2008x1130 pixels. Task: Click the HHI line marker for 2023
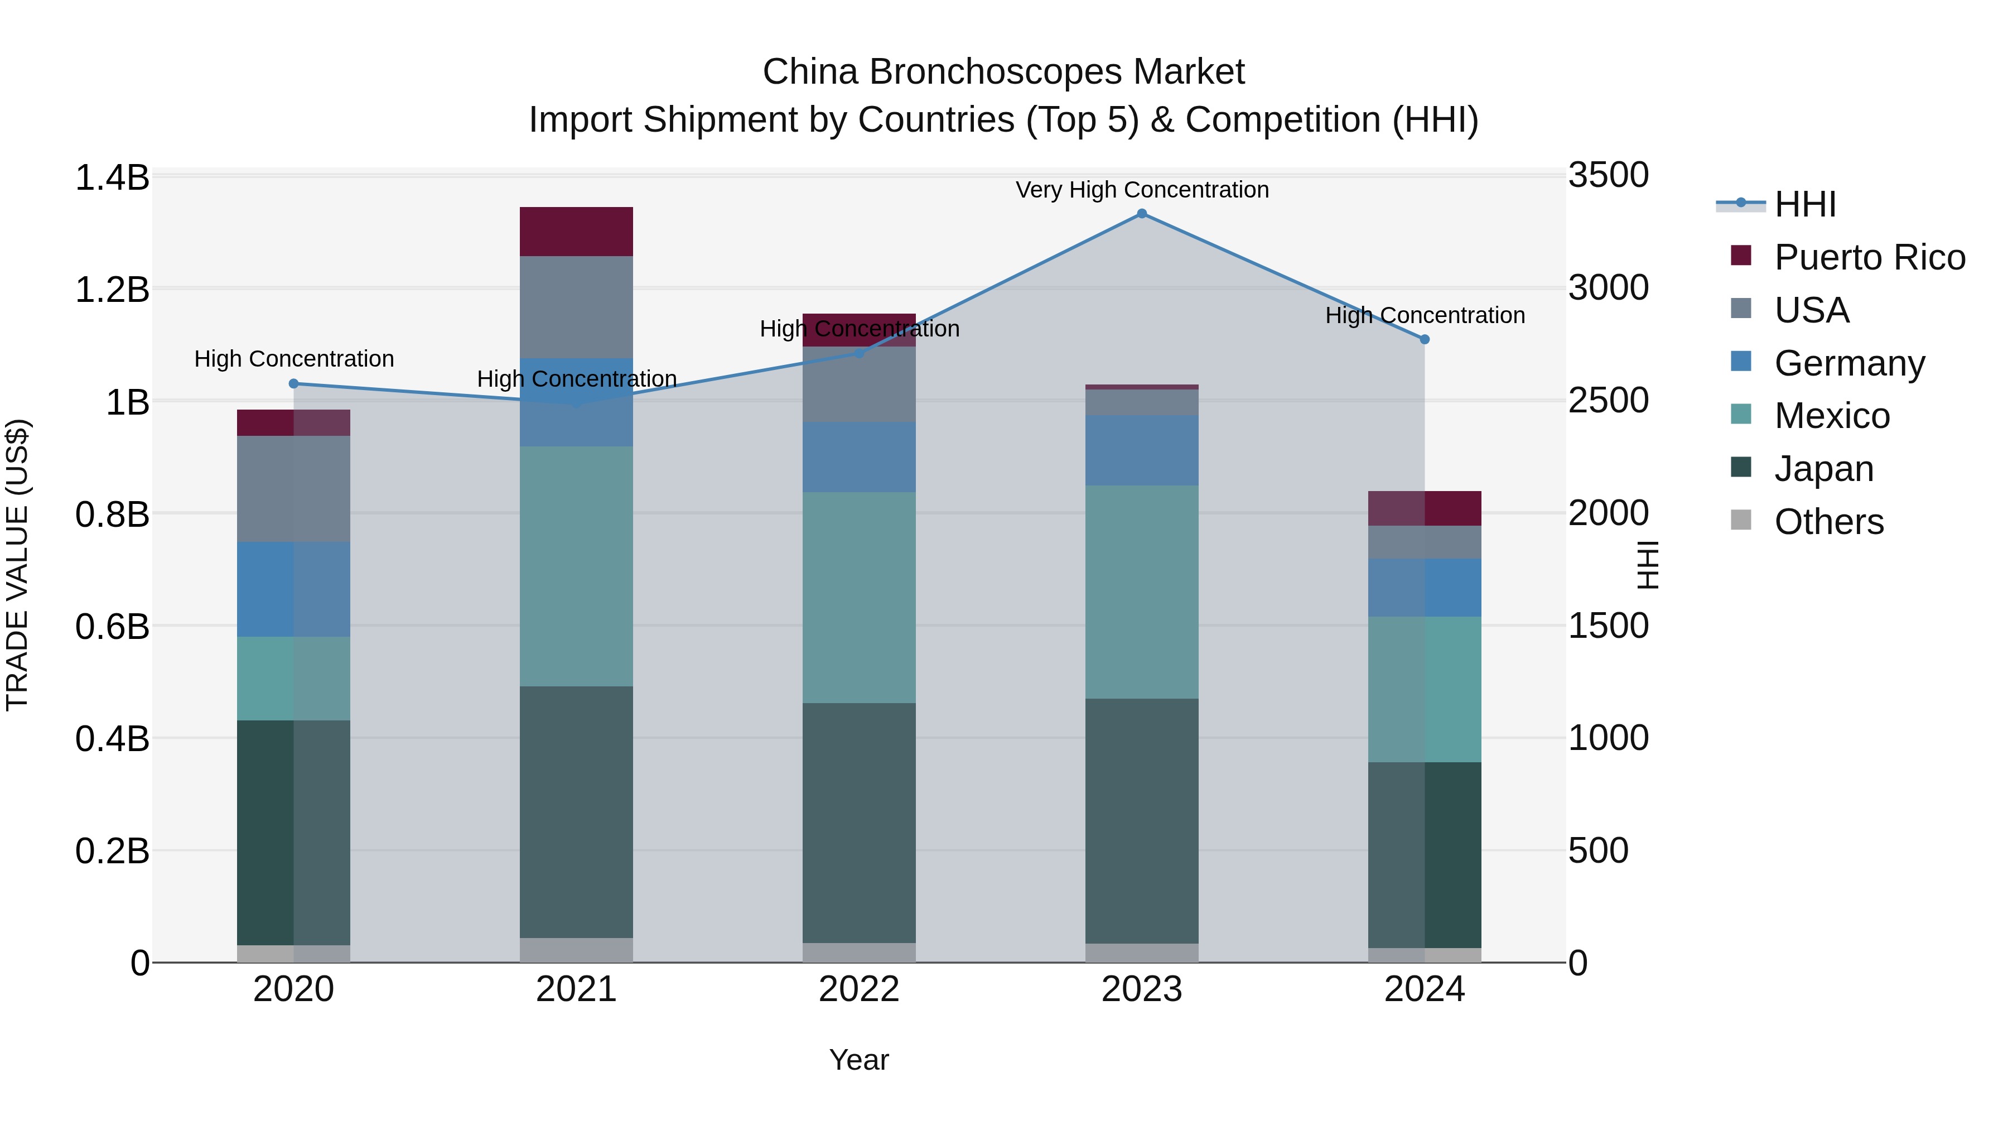coord(1141,214)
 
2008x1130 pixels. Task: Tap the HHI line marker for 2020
coord(294,384)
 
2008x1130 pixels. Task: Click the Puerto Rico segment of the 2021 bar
coord(576,232)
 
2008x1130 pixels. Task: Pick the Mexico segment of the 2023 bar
coord(1141,592)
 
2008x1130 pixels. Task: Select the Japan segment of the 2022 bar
coord(859,823)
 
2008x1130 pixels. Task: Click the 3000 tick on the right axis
coord(1608,288)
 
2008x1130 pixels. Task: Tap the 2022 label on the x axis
coord(859,989)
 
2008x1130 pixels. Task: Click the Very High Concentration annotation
coord(1142,190)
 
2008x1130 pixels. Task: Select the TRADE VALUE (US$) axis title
coord(18,565)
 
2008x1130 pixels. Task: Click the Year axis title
coord(859,1060)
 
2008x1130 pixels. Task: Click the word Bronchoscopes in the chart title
coord(996,72)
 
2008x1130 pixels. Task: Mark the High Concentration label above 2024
coord(1425,316)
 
